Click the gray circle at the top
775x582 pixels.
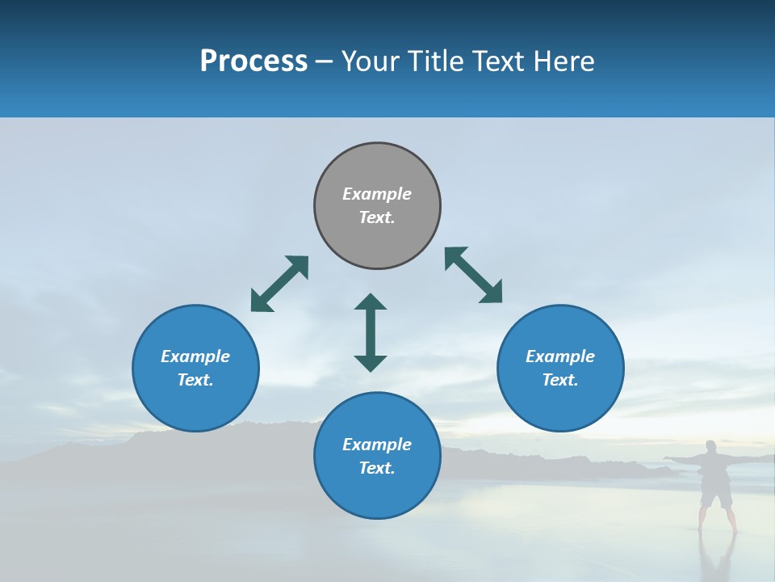pyautogui.click(x=377, y=206)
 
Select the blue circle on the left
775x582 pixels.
pyautogui.click(x=195, y=368)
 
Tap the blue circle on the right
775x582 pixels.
pyautogui.click(x=560, y=368)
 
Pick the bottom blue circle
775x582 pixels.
pyautogui.click(x=377, y=456)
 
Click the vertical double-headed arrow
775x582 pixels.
pyautogui.click(x=371, y=332)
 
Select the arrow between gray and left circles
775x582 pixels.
pyautogui.click(x=279, y=284)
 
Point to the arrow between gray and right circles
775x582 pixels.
pyautogui.click(x=474, y=275)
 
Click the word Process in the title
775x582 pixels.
pyautogui.click(x=253, y=61)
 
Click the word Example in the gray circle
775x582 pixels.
pyautogui.click(x=377, y=194)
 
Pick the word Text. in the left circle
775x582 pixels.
pyautogui.click(x=195, y=380)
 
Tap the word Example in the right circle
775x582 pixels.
pyautogui.click(x=560, y=356)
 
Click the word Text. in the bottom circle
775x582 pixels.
pyautogui.click(x=377, y=468)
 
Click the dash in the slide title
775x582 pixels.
pyautogui.click(x=324, y=62)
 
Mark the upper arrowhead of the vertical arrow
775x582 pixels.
pyautogui.click(x=371, y=302)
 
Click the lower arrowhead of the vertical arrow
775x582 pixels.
pyautogui.click(x=371, y=363)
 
